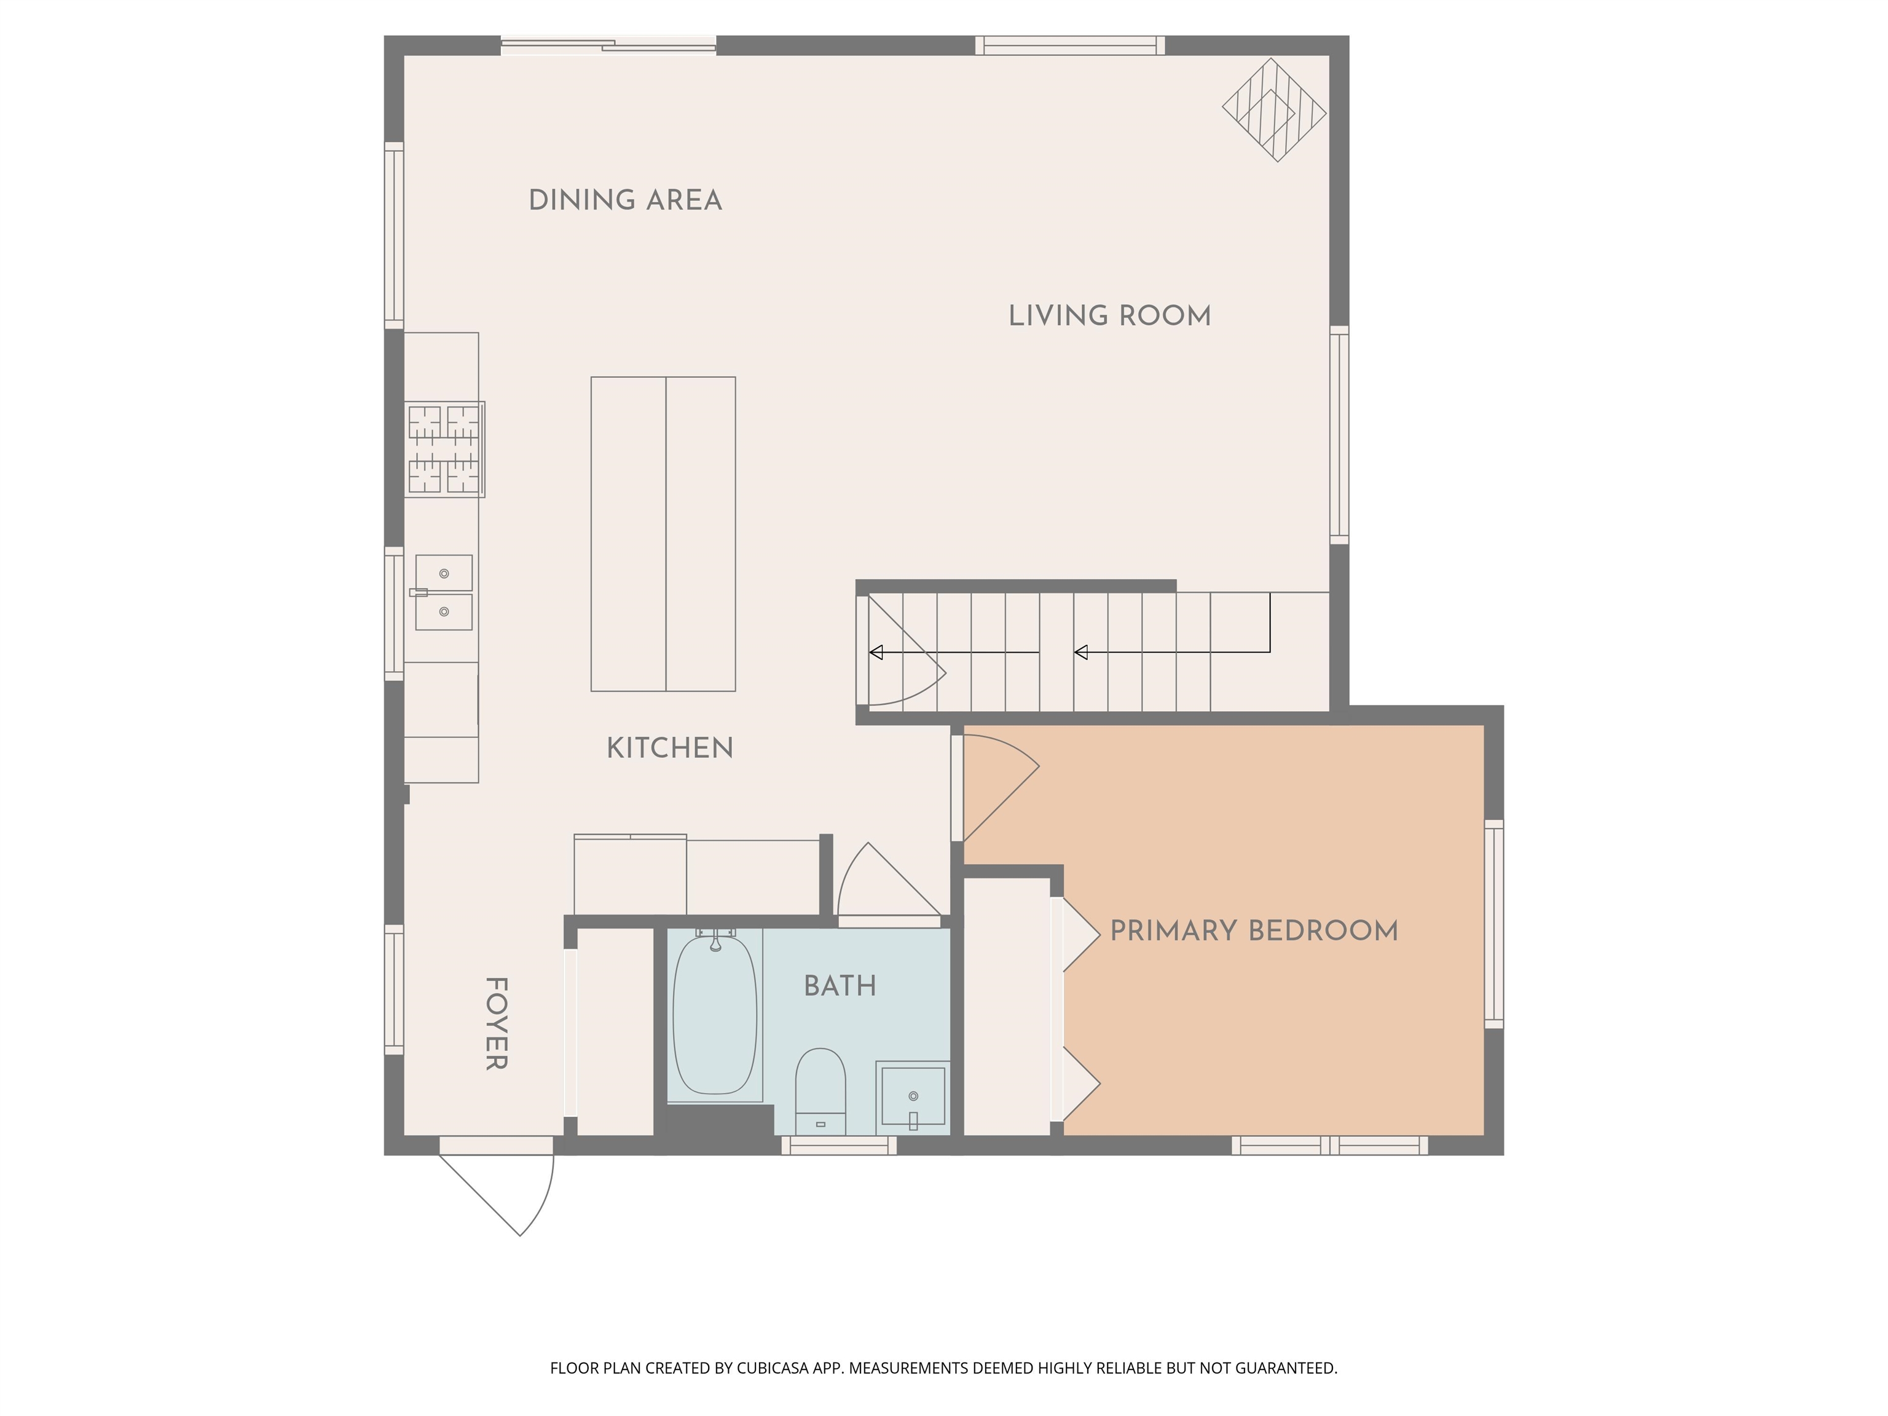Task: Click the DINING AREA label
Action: click(625, 200)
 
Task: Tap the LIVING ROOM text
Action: click(1109, 316)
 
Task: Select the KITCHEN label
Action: click(669, 749)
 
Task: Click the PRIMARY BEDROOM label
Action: click(1253, 930)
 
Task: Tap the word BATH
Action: click(840, 986)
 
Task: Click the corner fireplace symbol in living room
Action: click(1273, 110)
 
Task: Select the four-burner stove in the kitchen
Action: click(444, 450)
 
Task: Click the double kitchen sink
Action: click(444, 592)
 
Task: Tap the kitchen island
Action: click(663, 533)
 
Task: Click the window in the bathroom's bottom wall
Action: click(839, 1146)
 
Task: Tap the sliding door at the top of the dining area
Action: click(608, 45)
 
